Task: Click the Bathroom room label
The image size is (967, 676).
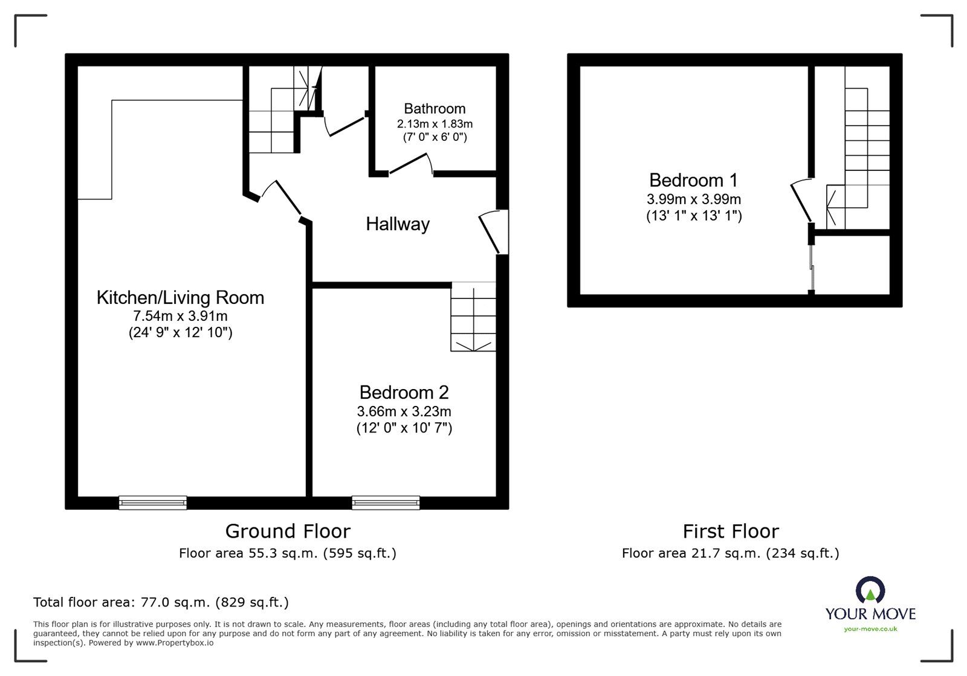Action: [x=435, y=108]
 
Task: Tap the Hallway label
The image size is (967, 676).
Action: [x=398, y=224]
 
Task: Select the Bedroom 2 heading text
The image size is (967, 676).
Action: [x=404, y=393]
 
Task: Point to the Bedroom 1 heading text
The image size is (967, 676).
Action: [x=693, y=180]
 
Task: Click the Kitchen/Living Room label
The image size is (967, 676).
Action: [x=181, y=298]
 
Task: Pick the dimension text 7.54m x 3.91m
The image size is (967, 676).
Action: [x=181, y=316]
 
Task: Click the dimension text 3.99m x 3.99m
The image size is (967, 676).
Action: [x=694, y=199]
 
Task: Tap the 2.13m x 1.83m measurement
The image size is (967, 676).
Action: [x=435, y=124]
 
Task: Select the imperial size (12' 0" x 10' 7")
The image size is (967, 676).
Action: [x=404, y=428]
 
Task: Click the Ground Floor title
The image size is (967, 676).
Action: [x=288, y=531]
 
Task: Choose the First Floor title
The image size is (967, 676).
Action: [x=731, y=531]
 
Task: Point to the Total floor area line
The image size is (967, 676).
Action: [x=161, y=602]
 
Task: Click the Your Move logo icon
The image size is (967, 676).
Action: [x=870, y=590]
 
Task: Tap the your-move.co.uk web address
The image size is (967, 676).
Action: [x=870, y=629]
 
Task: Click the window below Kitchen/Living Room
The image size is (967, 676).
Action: [x=153, y=503]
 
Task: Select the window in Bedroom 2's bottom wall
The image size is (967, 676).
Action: [x=386, y=503]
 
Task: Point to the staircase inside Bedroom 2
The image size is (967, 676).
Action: [x=473, y=317]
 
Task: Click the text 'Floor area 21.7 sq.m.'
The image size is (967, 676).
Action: [x=691, y=553]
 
